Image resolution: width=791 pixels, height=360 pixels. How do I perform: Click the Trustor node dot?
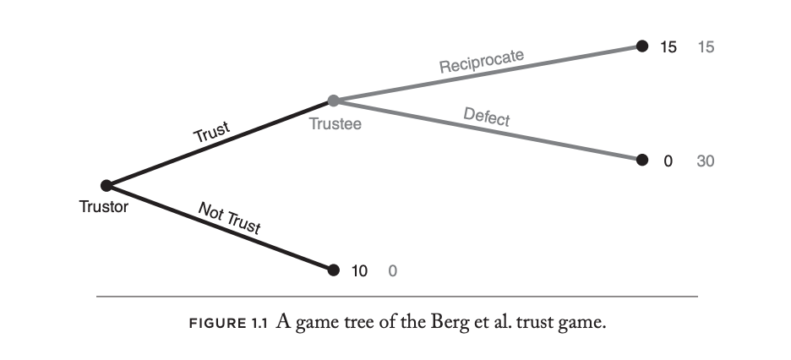[106, 185]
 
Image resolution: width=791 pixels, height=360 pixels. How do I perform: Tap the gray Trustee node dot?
[333, 101]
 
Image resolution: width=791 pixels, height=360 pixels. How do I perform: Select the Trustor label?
[105, 206]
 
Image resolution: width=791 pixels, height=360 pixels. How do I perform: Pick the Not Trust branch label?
[228, 217]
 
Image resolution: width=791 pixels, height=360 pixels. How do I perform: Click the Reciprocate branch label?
[482, 61]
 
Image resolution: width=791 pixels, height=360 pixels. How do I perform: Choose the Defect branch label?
[487, 117]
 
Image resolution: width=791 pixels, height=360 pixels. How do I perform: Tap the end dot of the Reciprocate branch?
[641, 46]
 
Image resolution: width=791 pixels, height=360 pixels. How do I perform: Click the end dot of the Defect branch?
[641, 160]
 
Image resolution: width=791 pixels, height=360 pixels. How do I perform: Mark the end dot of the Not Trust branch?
[333, 270]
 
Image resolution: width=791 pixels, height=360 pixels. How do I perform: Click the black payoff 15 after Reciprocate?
[668, 47]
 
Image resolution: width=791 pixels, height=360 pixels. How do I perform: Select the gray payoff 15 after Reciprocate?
[706, 47]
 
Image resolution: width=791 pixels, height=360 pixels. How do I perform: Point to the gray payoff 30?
[706, 161]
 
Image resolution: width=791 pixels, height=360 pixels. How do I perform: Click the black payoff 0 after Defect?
[668, 161]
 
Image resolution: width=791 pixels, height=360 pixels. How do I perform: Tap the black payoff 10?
[360, 271]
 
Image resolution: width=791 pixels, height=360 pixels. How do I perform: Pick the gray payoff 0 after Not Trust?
[392, 271]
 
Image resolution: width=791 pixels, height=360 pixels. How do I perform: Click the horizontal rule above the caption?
[397, 297]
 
